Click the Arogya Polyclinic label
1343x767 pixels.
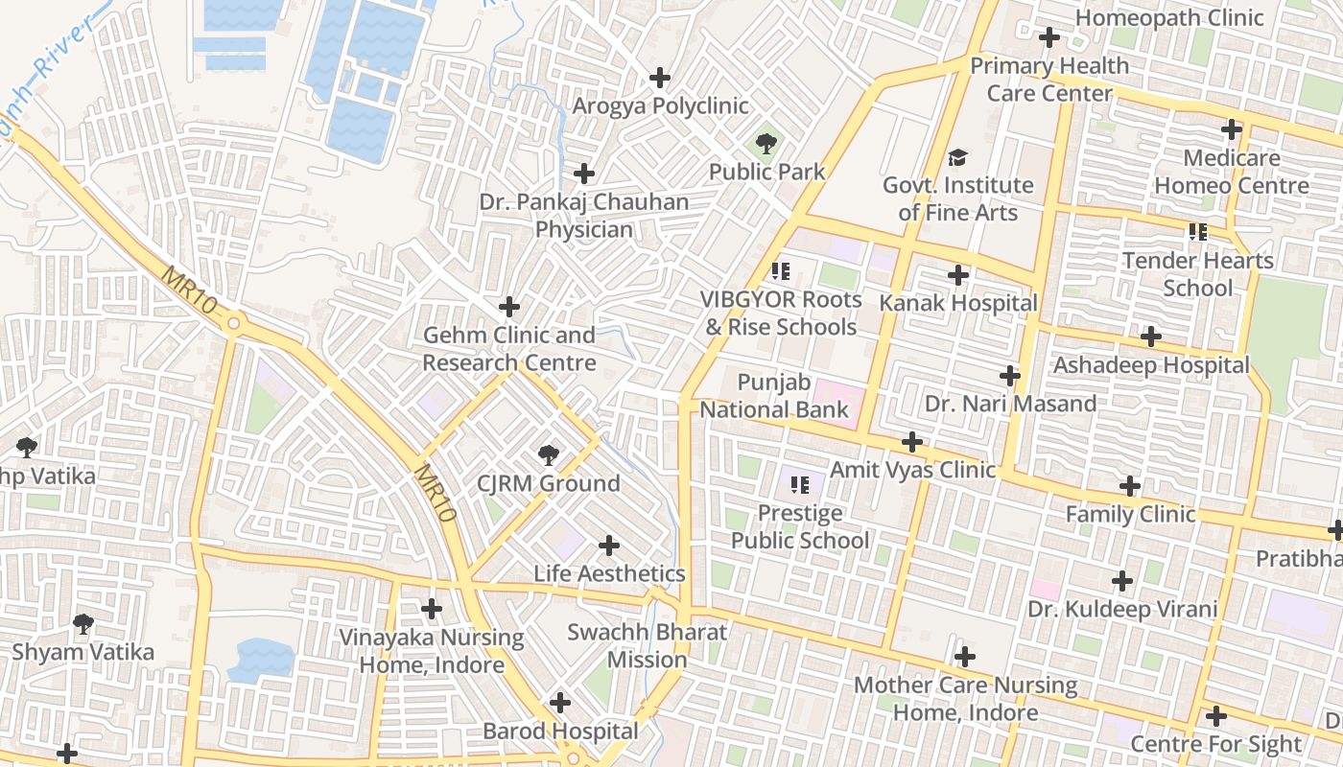pos(660,105)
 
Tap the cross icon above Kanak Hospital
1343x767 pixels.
pos(957,276)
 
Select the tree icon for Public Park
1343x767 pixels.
pos(766,145)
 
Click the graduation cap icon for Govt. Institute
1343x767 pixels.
pos(957,157)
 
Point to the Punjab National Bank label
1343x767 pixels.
pos(773,397)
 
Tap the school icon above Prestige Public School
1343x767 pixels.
pos(800,486)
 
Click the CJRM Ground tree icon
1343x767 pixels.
pos(548,455)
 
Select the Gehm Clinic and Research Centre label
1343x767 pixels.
pos(509,349)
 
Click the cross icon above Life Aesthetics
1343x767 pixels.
pos(608,546)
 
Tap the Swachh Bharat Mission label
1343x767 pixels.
pos(647,646)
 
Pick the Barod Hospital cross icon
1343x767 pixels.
pos(560,703)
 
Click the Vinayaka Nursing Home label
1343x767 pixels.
pos(432,651)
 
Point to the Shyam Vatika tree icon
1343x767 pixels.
pos(83,624)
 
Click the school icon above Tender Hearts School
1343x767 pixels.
pos(1197,232)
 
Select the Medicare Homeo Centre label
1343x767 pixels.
pos(1232,172)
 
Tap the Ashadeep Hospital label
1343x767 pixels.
pos(1151,365)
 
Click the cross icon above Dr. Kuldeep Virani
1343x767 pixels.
pos(1121,581)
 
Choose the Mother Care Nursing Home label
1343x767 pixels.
pos(965,699)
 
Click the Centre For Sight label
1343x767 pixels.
pos(1215,744)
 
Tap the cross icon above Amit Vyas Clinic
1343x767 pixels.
pos(912,442)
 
